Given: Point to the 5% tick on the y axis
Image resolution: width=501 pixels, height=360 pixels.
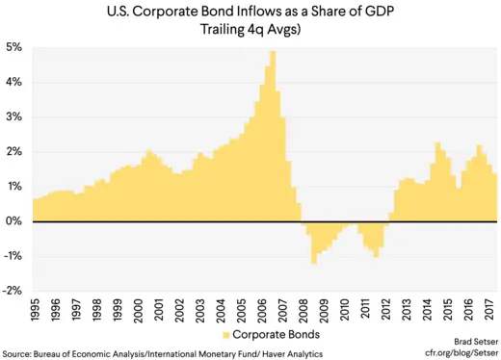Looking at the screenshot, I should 15,47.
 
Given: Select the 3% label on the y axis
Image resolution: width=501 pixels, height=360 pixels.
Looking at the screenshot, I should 15,116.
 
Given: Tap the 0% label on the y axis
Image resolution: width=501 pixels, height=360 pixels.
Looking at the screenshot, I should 15,221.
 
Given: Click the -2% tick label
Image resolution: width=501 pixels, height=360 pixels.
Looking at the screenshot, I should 13,291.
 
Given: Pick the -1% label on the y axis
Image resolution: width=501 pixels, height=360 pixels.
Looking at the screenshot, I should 13,256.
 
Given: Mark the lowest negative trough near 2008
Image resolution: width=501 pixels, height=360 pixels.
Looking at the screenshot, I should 314,262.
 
